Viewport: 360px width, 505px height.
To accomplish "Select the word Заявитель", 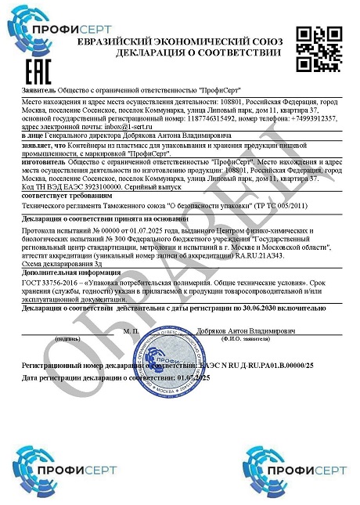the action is [x=38, y=91].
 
